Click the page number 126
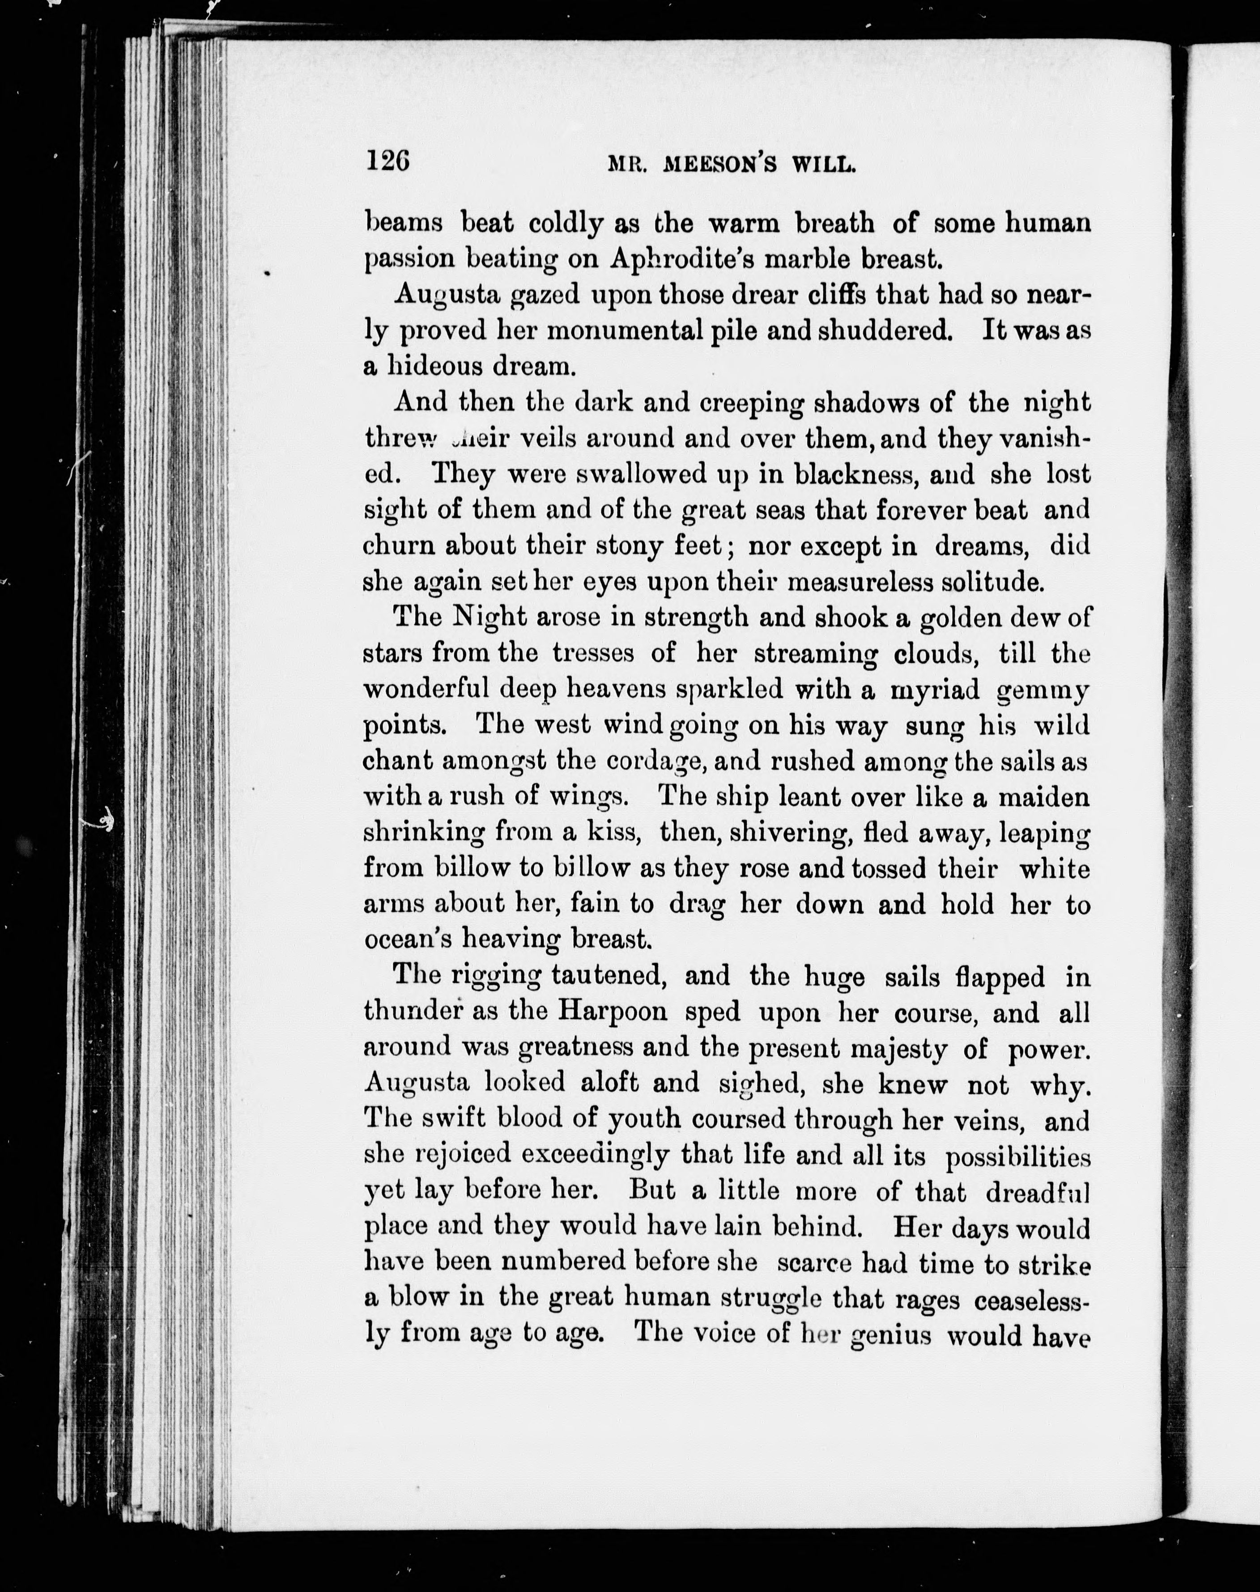[387, 160]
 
